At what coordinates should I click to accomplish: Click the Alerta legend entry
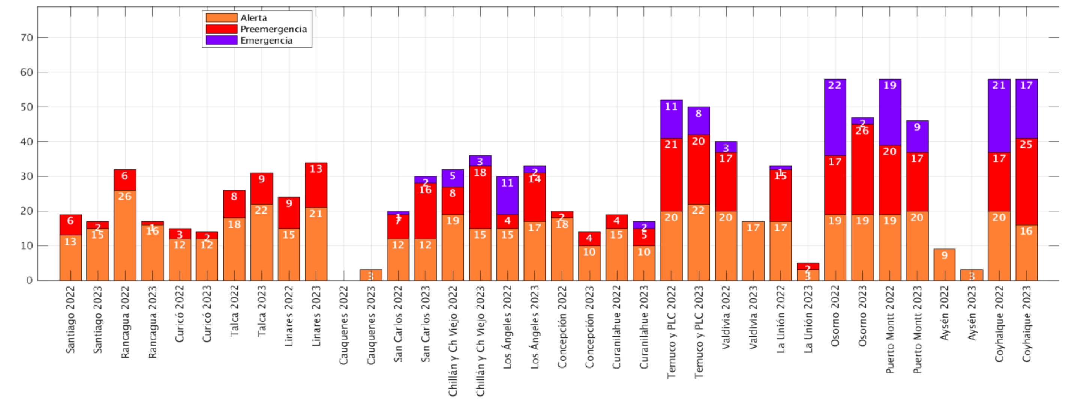(253, 18)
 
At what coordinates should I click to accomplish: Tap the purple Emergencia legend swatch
(222, 40)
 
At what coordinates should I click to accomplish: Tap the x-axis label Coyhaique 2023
(1027, 324)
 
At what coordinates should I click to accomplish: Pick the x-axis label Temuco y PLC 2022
(672, 332)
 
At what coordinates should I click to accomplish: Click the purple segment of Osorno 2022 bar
(835, 117)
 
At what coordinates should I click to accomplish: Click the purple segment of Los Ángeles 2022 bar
(507, 195)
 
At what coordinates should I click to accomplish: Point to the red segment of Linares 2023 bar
(316, 185)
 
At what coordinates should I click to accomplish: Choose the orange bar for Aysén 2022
(944, 265)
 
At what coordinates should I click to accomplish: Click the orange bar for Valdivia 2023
(753, 251)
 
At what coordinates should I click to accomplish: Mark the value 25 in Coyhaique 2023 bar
(1027, 145)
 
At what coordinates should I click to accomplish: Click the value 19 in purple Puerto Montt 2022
(890, 86)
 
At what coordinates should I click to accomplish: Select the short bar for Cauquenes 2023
(371, 275)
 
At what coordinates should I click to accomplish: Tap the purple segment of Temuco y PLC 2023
(699, 121)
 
